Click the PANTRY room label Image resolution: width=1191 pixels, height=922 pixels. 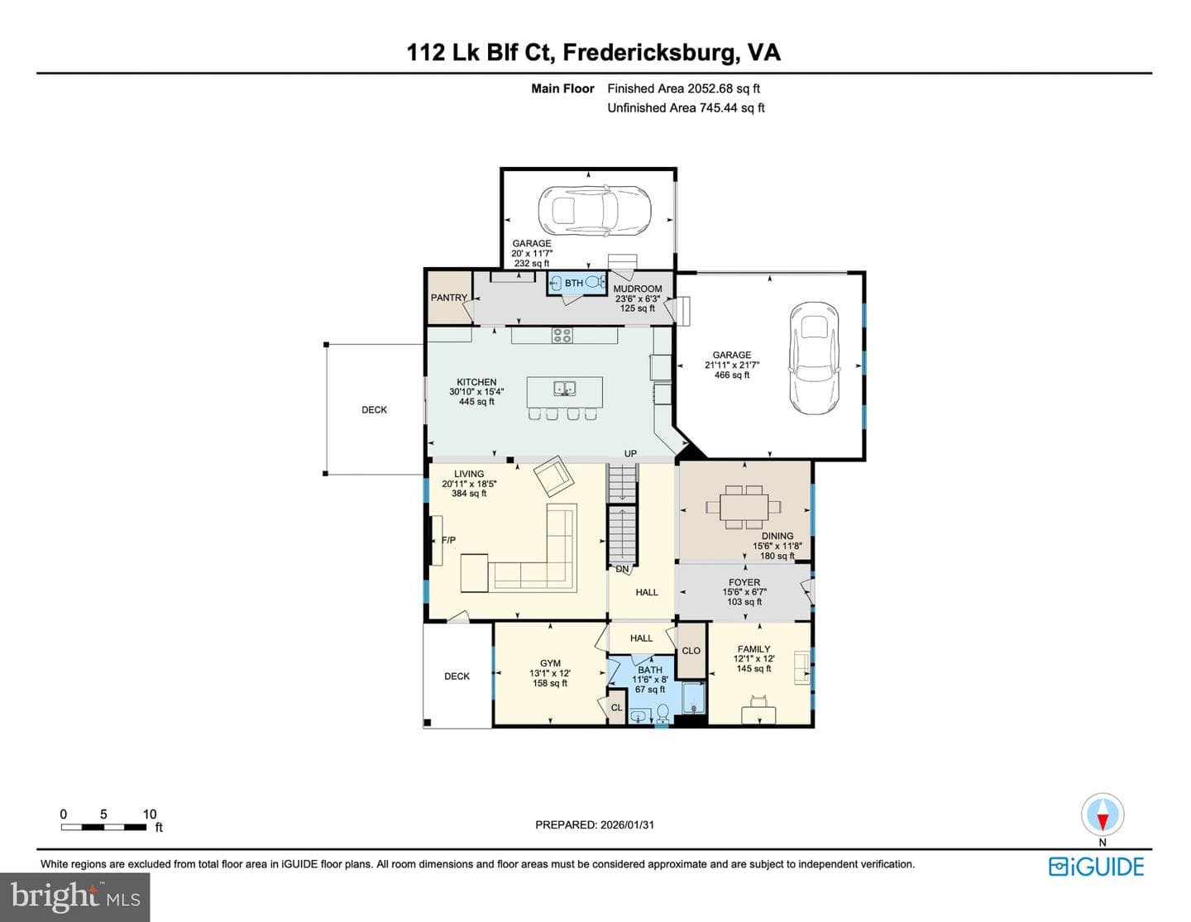449,298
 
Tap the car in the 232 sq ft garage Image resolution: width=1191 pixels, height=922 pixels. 595,210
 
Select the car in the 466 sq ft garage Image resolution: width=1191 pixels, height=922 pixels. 814,358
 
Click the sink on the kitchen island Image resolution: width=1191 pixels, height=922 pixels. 564,389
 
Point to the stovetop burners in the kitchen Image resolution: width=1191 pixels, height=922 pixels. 562,335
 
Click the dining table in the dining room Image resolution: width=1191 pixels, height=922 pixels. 744,507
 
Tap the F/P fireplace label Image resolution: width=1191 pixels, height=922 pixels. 449,540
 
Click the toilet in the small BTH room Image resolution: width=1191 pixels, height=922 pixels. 594,283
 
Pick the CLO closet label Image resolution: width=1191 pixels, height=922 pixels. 691,651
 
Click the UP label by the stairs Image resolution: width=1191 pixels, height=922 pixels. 631,454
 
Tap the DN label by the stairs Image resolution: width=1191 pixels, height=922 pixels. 622,570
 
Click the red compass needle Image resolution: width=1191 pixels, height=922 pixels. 1103,822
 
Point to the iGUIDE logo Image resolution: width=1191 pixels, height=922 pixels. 1097,867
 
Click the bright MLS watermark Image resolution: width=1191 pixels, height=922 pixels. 75,897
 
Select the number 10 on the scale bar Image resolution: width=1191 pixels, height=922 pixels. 150,814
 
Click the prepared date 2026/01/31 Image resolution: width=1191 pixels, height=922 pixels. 627,824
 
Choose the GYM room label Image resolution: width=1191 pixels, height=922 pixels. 550,663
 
